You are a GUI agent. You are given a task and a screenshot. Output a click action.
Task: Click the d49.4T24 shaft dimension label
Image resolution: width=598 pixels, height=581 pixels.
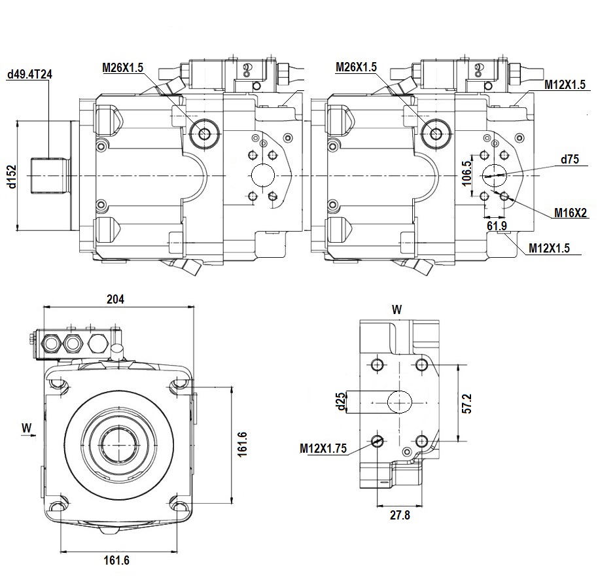click(29, 74)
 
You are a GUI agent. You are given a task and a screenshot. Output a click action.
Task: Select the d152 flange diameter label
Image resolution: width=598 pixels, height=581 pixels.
click(12, 176)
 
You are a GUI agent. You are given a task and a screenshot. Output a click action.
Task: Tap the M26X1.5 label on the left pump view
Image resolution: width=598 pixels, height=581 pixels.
click(122, 67)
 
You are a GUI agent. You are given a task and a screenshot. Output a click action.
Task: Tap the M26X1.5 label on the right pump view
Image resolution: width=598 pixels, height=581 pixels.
click(356, 67)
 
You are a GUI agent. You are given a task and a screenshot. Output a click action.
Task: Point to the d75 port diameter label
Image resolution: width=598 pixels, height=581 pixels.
click(569, 159)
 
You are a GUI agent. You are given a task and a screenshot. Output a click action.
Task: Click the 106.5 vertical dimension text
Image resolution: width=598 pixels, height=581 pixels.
click(466, 173)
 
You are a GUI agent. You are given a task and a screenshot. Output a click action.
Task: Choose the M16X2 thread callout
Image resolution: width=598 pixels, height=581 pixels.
click(570, 213)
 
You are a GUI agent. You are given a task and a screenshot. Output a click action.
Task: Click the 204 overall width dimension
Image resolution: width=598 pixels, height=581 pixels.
click(115, 299)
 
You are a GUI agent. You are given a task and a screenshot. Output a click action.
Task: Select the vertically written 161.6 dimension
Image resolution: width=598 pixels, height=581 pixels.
click(242, 444)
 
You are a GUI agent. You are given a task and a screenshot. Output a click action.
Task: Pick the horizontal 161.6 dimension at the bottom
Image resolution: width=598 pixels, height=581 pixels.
click(116, 560)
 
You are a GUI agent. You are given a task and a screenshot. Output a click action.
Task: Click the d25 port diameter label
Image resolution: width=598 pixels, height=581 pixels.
click(342, 402)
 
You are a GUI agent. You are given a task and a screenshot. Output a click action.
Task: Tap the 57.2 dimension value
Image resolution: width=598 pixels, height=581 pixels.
click(466, 404)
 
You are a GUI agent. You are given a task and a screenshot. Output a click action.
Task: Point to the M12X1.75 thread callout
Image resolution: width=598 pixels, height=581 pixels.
click(323, 448)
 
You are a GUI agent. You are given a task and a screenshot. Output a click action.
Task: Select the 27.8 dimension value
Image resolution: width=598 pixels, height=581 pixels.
click(400, 515)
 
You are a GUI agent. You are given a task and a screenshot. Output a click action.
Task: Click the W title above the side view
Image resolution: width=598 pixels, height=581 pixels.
click(396, 309)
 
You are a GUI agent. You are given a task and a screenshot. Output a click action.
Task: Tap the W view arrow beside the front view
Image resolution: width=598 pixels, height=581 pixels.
click(27, 430)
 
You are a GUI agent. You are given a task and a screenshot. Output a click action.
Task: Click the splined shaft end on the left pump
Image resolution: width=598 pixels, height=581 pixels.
click(49, 176)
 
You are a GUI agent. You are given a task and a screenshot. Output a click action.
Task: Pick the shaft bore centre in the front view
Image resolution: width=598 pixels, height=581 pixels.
click(118, 444)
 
